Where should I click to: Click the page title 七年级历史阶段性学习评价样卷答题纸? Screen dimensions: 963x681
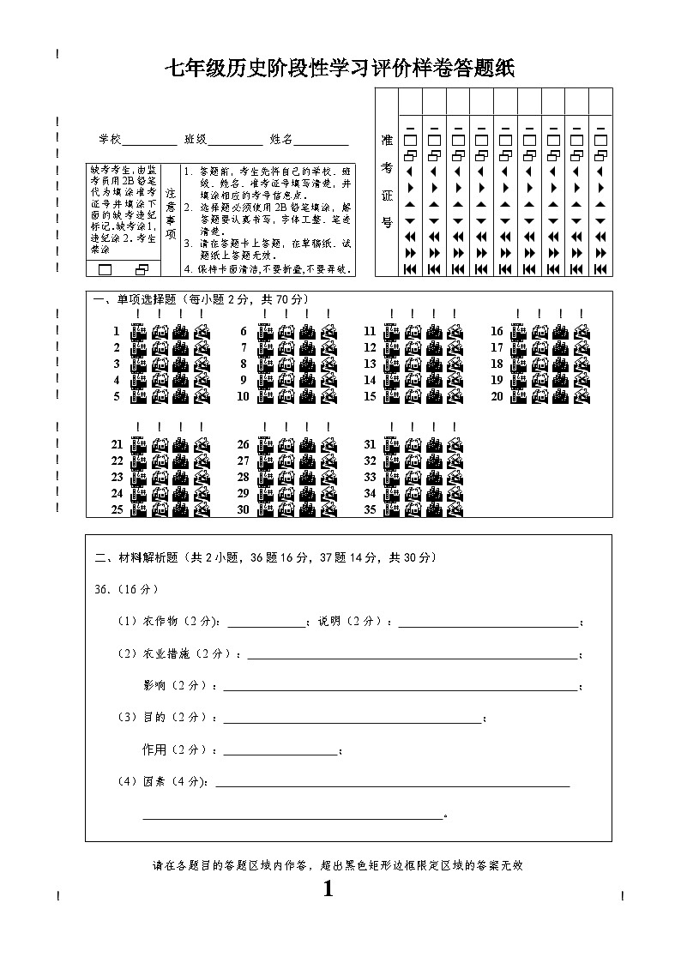tap(340, 69)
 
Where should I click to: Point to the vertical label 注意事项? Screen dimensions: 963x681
tap(170, 214)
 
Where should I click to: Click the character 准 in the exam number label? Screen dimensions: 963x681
tap(387, 140)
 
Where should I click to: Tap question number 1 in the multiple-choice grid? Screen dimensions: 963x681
tap(116, 332)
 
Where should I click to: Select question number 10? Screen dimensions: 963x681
tap(243, 397)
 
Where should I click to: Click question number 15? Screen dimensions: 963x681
tap(370, 397)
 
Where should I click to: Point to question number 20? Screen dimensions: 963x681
tap(497, 397)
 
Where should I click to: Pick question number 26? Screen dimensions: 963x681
tap(243, 445)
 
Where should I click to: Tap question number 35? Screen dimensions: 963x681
tap(370, 509)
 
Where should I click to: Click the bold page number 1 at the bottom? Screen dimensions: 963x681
tap(328, 889)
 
